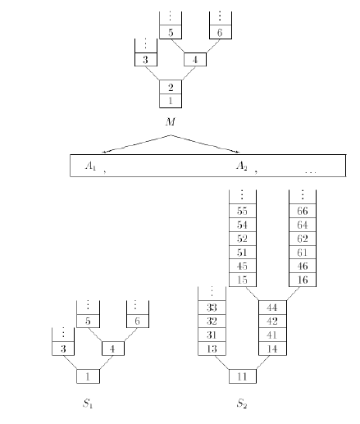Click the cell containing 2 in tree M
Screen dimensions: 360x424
point(171,87)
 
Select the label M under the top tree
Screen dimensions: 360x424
point(170,121)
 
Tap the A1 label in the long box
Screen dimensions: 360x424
point(91,166)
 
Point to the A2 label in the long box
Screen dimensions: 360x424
point(242,166)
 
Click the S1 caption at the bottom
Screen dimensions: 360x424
point(88,403)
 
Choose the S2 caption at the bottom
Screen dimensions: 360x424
point(242,403)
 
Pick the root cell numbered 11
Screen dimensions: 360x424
point(243,376)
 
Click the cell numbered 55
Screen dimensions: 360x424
point(243,211)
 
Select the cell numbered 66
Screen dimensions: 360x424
point(303,211)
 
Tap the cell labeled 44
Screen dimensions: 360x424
point(272,308)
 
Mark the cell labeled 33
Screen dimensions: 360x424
point(212,308)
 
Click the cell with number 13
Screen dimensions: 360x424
point(212,349)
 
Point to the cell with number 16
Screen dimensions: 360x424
point(303,280)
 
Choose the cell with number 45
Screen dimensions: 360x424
point(243,266)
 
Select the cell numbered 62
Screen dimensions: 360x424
point(303,239)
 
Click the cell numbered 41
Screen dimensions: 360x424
point(272,335)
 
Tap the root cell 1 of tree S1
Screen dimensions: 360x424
point(88,376)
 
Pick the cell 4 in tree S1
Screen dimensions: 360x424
point(113,349)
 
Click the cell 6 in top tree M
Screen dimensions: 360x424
point(221,32)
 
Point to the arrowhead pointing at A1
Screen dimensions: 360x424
point(103,152)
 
